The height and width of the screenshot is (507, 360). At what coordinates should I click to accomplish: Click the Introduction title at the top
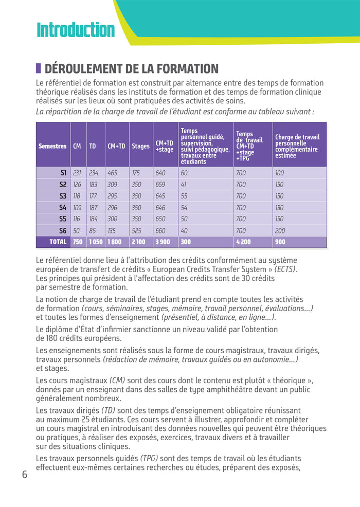point(76,30)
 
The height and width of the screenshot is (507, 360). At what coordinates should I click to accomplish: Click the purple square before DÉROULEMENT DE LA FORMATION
point(39,68)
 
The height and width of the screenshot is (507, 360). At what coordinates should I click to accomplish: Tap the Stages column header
point(140,146)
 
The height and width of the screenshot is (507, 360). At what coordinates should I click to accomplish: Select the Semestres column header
point(52,146)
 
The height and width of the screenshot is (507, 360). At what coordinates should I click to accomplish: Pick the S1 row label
point(63,173)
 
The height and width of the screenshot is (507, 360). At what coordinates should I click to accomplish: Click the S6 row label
point(63,231)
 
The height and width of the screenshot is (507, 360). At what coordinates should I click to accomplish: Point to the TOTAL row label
point(58,242)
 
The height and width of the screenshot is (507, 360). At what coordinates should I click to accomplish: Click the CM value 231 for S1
point(77,173)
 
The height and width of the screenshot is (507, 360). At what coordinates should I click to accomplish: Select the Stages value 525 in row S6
point(136,231)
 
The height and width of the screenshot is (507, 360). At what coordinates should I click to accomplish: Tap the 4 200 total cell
point(243,242)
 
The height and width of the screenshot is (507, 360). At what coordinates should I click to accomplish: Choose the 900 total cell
point(280,242)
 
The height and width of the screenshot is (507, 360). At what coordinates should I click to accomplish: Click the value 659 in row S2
point(160,185)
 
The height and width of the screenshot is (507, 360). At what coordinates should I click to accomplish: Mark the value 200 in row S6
point(279,231)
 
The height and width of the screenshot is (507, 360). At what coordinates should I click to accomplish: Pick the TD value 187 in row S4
point(93,208)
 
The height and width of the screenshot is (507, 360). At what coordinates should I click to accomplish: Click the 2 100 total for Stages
point(139,242)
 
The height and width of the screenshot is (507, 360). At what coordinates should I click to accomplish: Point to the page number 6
point(24,474)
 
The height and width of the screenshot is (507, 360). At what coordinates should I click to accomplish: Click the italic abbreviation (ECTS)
point(285,269)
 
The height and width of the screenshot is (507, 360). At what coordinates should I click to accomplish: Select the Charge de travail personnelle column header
point(297,146)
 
